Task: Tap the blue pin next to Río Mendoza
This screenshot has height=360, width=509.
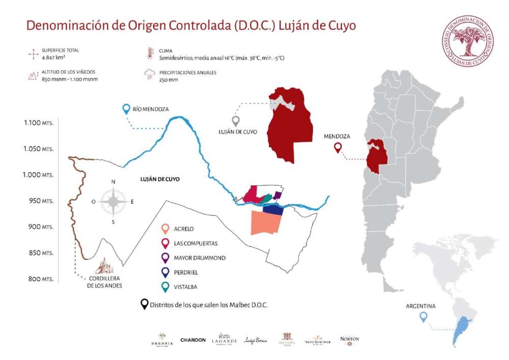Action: tap(126, 108)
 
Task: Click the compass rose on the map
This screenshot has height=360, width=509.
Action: tap(113, 202)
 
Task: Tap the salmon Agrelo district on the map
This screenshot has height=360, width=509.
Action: tap(266, 223)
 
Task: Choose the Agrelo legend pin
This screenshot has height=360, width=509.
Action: tap(164, 229)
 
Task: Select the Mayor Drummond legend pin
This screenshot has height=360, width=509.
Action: tap(164, 258)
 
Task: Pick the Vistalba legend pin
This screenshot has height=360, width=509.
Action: tap(164, 287)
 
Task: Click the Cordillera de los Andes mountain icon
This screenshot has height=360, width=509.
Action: tap(105, 266)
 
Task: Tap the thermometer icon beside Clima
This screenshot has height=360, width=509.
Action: tap(150, 53)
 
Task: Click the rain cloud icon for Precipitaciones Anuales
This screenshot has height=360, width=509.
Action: tap(150, 75)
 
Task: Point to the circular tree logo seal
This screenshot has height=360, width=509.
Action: tap(467, 40)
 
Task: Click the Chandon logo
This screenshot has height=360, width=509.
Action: tap(193, 340)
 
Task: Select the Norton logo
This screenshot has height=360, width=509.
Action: tap(349, 340)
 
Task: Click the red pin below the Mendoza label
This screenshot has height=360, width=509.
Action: tap(337, 148)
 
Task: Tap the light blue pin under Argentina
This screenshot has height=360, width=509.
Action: tap(422, 317)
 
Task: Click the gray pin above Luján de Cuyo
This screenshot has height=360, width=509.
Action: tap(235, 121)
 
